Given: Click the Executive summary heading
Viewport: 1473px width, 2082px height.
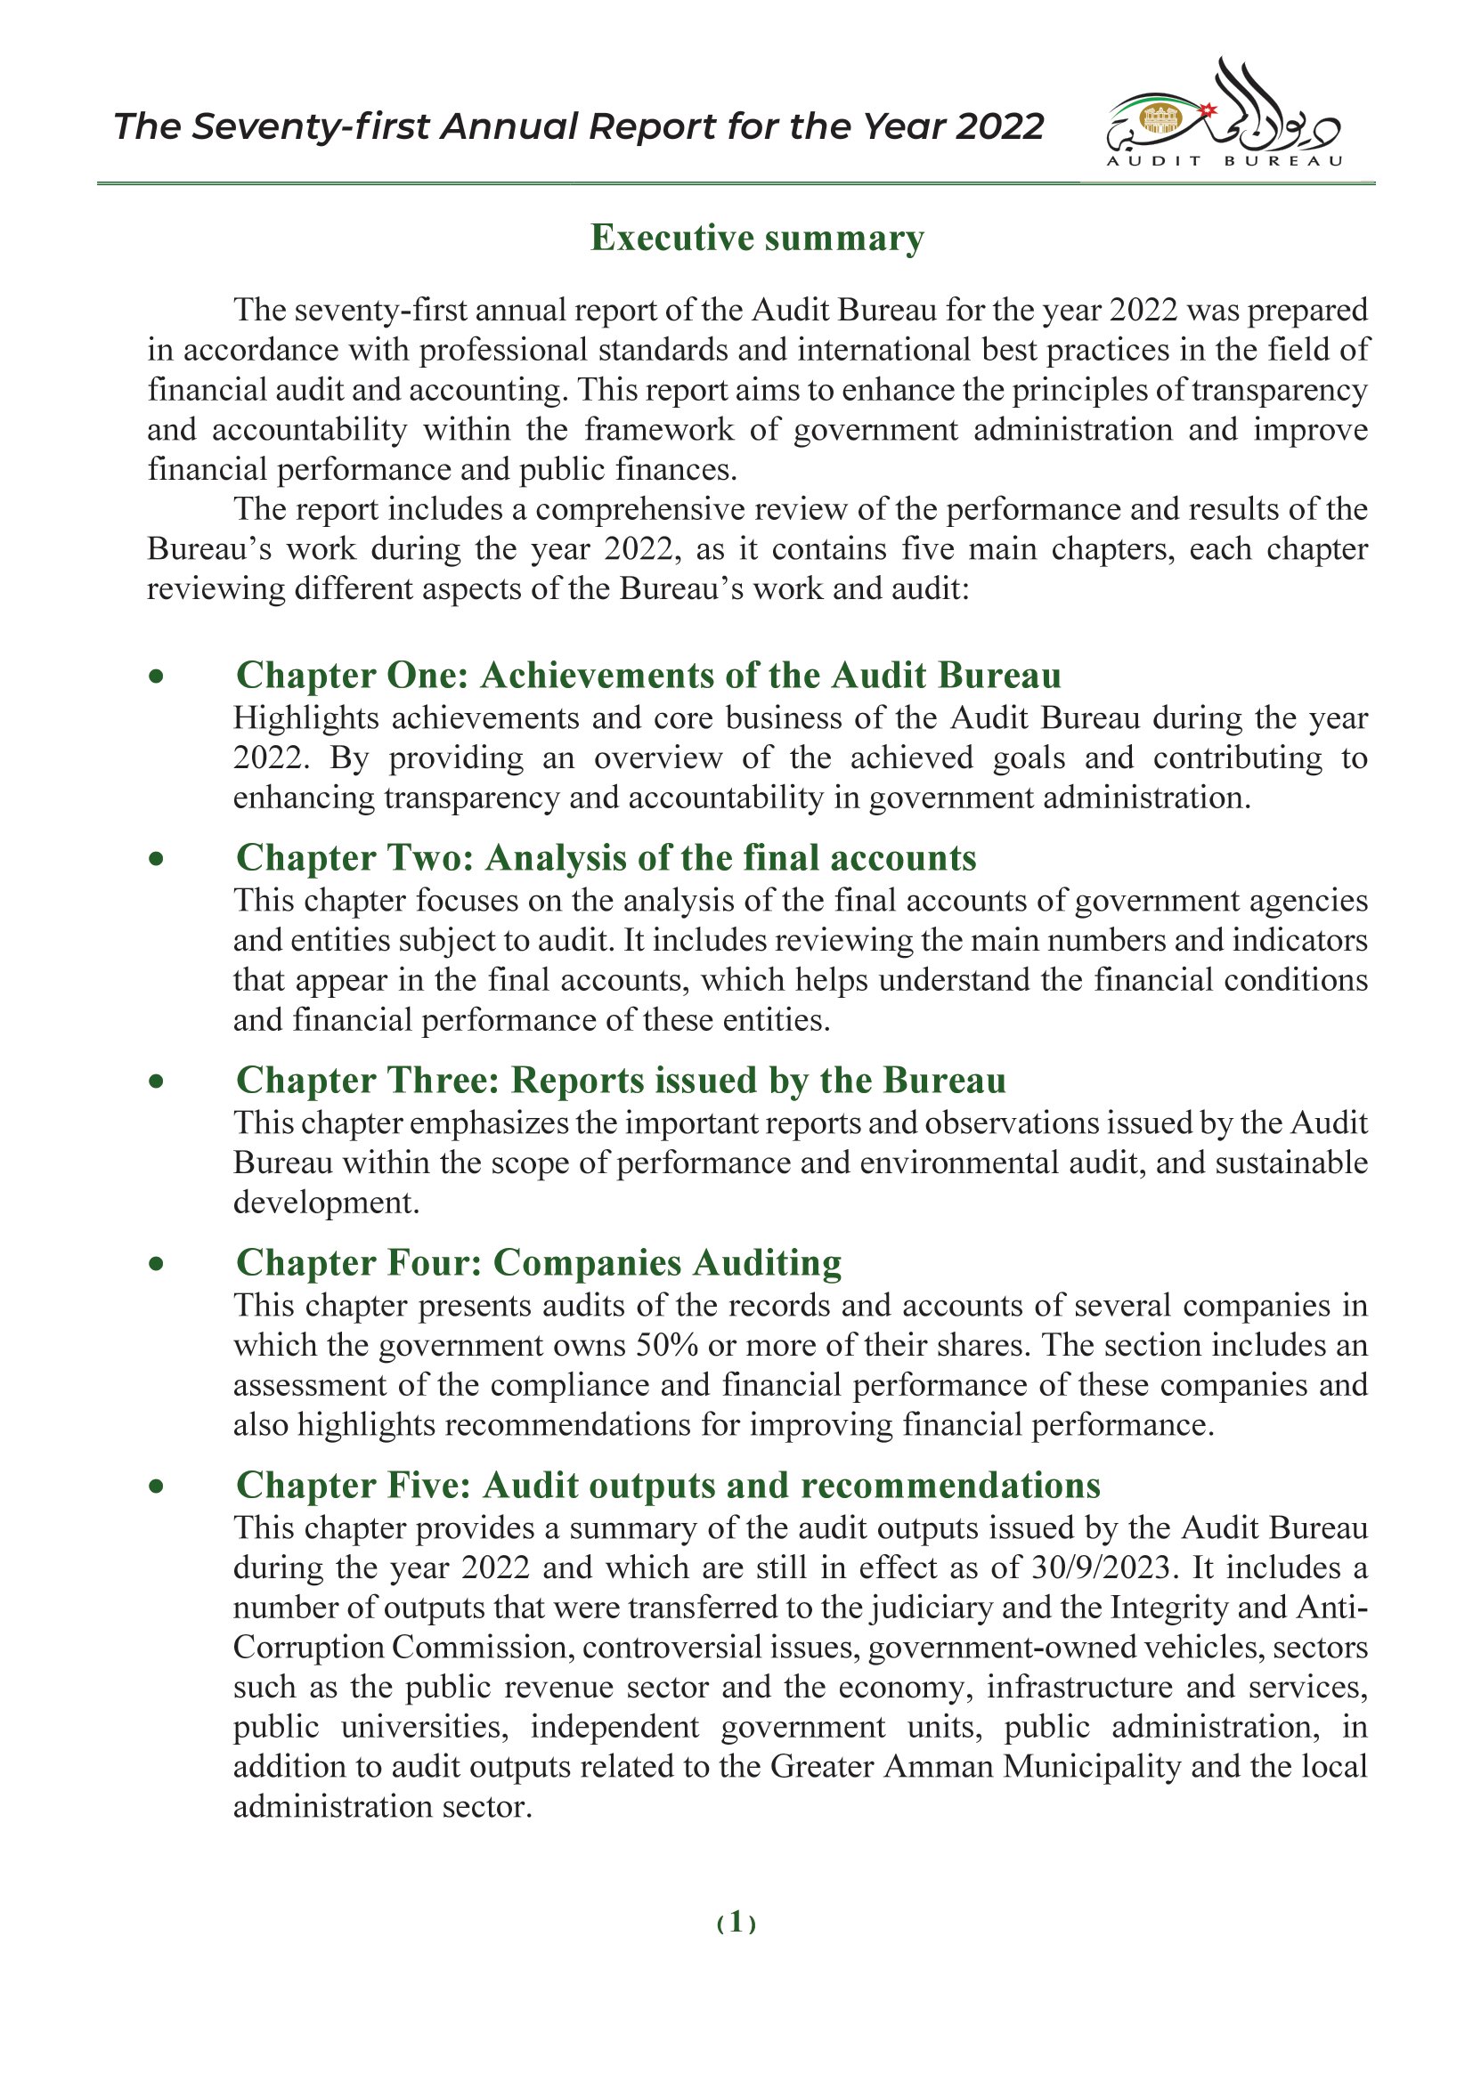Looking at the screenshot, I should click(757, 238).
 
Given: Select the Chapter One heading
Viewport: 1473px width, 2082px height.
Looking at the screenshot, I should click(647, 676).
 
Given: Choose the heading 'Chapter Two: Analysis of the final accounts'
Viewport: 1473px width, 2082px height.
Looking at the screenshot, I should click(605, 858).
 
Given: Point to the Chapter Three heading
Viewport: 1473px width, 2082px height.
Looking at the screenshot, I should click(621, 1080).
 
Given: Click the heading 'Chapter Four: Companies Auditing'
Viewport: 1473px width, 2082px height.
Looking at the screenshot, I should click(538, 1262).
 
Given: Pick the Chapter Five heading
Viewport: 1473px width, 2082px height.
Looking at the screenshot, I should click(668, 1485).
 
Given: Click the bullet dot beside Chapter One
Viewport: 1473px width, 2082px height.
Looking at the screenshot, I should click(157, 676).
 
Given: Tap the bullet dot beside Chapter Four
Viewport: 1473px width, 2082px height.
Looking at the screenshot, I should click(157, 1263).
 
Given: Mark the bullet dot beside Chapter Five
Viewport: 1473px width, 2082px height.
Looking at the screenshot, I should click(157, 1486).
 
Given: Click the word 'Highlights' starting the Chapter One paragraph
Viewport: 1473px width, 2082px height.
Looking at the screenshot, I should click(305, 718).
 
